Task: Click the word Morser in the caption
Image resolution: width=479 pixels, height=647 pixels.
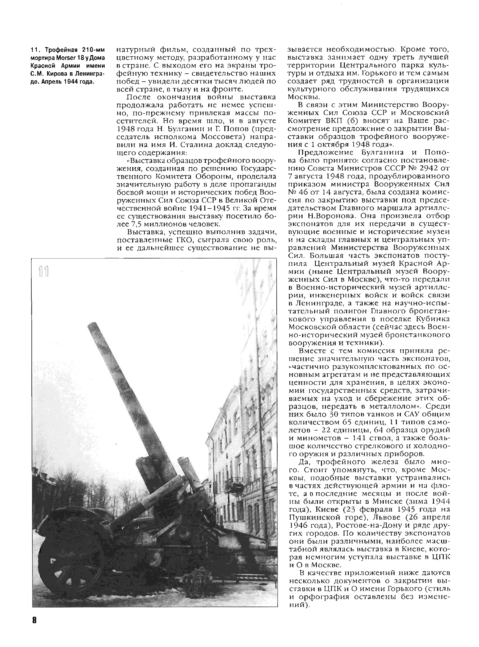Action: (x=65, y=58)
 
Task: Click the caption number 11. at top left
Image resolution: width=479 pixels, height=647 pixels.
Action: (x=35, y=50)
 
